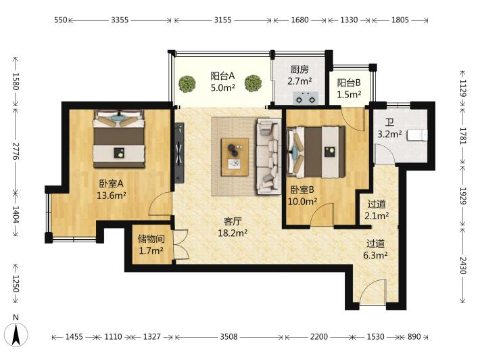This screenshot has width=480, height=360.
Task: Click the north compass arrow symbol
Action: pos(16,334)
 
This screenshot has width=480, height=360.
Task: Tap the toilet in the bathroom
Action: pos(417,135)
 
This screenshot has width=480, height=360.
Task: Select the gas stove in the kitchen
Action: pos(306,98)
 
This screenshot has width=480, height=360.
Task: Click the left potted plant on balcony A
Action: pos(187,84)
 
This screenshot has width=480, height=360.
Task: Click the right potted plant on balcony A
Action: pos(253,83)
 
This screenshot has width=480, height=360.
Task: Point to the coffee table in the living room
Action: pos(235,157)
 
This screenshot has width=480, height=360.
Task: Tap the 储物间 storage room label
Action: pos(151,239)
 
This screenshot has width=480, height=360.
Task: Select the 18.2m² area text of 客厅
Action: pos(233,233)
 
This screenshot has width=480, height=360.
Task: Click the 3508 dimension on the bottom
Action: pos(229,337)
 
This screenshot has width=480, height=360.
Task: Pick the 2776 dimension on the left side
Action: pos(16,151)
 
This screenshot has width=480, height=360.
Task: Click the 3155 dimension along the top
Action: pos(222,20)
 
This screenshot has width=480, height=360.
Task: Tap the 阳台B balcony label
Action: pos(349,83)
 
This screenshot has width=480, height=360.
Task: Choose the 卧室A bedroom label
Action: pos(111,183)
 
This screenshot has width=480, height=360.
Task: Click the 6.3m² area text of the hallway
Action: pos(375,255)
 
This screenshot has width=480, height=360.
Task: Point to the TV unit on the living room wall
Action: pos(179,153)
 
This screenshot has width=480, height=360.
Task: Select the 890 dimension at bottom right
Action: pos(414,337)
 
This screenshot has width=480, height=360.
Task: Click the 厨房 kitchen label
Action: pos(299,70)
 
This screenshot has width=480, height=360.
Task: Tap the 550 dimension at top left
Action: pos(61,20)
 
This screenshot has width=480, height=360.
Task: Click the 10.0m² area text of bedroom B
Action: pos(302,201)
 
